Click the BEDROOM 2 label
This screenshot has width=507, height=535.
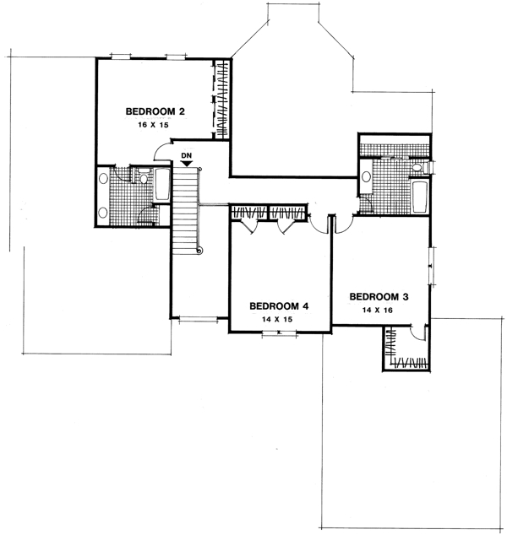pyautogui.click(x=155, y=111)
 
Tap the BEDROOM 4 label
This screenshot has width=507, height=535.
pyautogui.click(x=278, y=306)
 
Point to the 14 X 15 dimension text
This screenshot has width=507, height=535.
pyautogui.click(x=278, y=320)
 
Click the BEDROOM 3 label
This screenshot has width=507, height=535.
pyautogui.click(x=379, y=296)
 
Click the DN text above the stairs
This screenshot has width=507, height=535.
pyautogui.click(x=186, y=155)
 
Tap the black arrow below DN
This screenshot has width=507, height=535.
pyautogui.click(x=186, y=164)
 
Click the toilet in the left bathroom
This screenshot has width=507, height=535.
pyautogui.click(x=143, y=176)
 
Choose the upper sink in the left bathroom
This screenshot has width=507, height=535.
pyautogui.click(x=104, y=179)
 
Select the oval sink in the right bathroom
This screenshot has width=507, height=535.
pyautogui.click(x=366, y=177)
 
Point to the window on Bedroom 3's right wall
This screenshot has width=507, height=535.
pyautogui.click(x=433, y=267)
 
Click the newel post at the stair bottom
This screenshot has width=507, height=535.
pyautogui.click(x=199, y=251)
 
